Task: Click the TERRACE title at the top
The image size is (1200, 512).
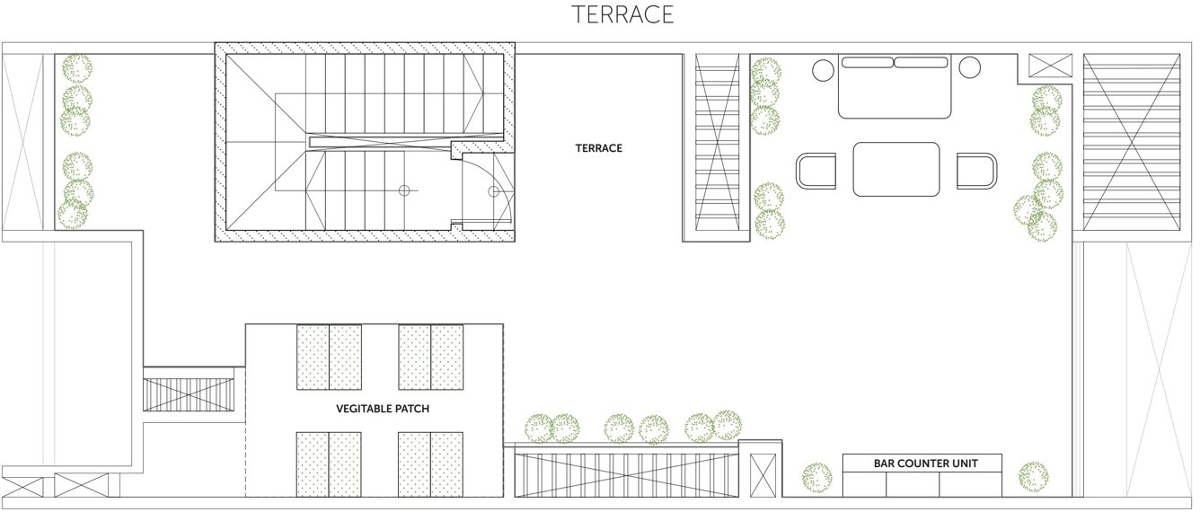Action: coord(622,15)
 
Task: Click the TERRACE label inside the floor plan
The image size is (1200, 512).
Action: coord(598,148)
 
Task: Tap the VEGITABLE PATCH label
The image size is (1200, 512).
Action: coord(383,409)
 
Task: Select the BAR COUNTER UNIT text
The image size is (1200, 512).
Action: coord(925,463)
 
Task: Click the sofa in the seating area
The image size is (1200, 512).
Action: coord(895,86)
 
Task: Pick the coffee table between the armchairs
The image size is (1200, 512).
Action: coord(896,169)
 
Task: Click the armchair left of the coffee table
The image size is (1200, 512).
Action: coord(816,171)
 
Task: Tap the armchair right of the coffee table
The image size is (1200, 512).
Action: coord(976,171)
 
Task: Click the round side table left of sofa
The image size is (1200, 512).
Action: coord(823,69)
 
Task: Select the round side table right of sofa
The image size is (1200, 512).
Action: coord(969,67)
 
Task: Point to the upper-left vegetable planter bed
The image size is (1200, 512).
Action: coord(329,358)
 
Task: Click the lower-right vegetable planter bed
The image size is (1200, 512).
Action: coord(431,463)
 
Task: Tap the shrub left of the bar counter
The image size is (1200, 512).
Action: coord(816,477)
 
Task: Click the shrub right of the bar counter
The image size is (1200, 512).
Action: coord(1034,476)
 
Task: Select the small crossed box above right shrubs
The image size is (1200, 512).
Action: coord(1050,66)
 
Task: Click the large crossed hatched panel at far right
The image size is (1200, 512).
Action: coord(1132,141)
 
